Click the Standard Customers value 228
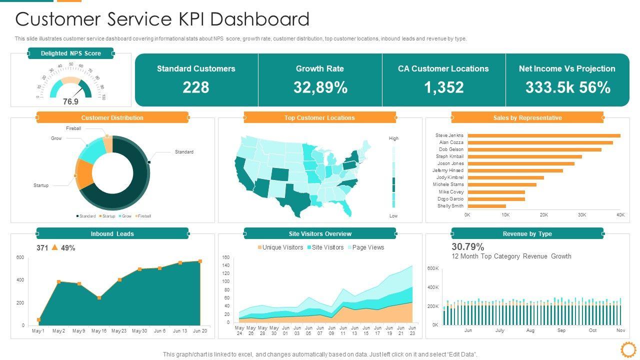(x=196, y=87)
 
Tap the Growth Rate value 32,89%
(x=320, y=87)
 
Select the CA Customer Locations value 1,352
(x=443, y=87)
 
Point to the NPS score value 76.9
(x=70, y=101)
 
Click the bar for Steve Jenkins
(x=543, y=135)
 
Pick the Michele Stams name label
(x=448, y=184)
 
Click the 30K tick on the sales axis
(x=582, y=215)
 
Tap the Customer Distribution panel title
(x=112, y=118)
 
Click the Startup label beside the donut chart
(x=41, y=185)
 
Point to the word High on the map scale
(x=394, y=138)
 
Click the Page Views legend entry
(x=368, y=247)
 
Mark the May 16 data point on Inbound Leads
(x=99, y=297)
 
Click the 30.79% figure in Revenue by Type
(x=468, y=247)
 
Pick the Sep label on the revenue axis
(x=561, y=330)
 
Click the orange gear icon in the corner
(x=627, y=348)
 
